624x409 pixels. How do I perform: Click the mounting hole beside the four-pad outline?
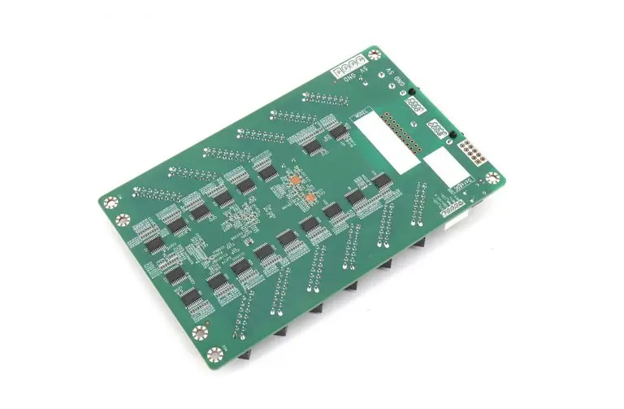pos(374,55)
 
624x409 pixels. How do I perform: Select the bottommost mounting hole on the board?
pos(214,353)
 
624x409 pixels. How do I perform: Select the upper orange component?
pos(296,179)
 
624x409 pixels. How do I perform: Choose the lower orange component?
pos(310,197)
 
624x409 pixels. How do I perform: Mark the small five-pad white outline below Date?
pos(453,207)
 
